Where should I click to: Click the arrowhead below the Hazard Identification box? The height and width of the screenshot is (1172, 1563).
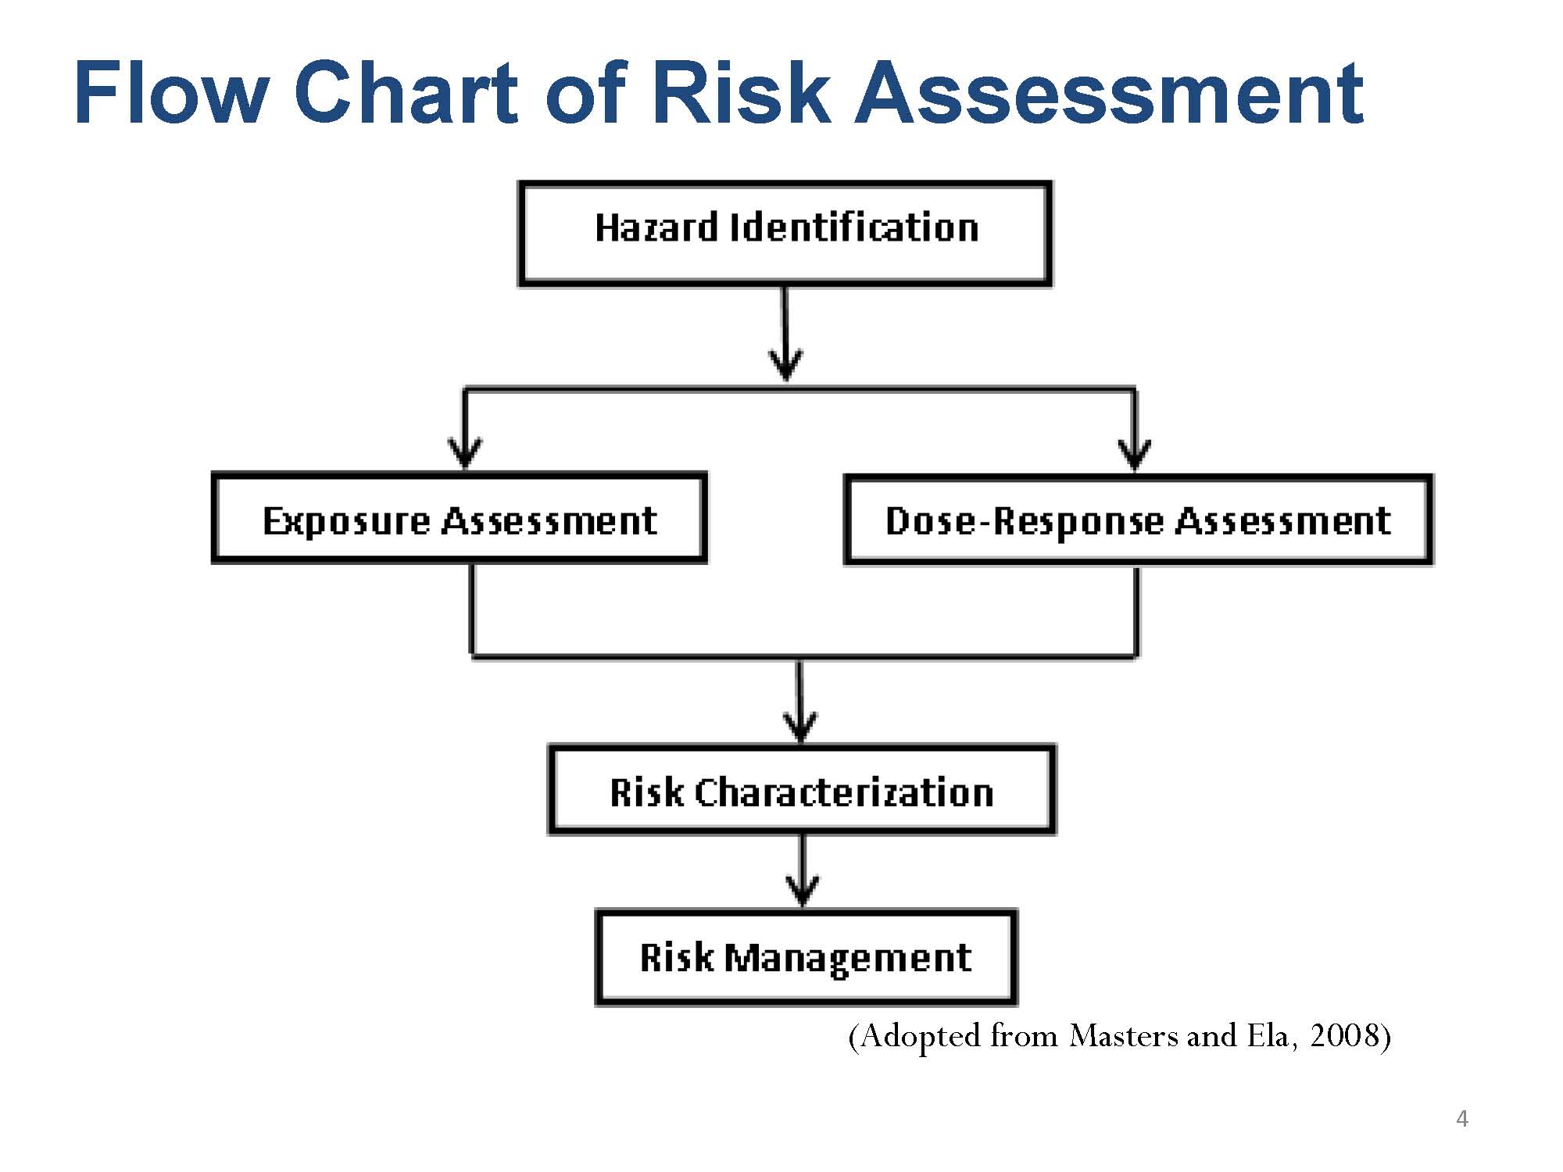point(785,363)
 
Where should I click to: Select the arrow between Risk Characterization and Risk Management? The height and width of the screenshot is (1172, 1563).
point(803,871)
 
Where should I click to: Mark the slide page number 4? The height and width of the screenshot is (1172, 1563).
point(1462,1119)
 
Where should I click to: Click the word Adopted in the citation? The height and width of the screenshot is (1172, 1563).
point(919,1036)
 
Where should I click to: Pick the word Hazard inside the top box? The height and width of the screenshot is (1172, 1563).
point(656,227)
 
